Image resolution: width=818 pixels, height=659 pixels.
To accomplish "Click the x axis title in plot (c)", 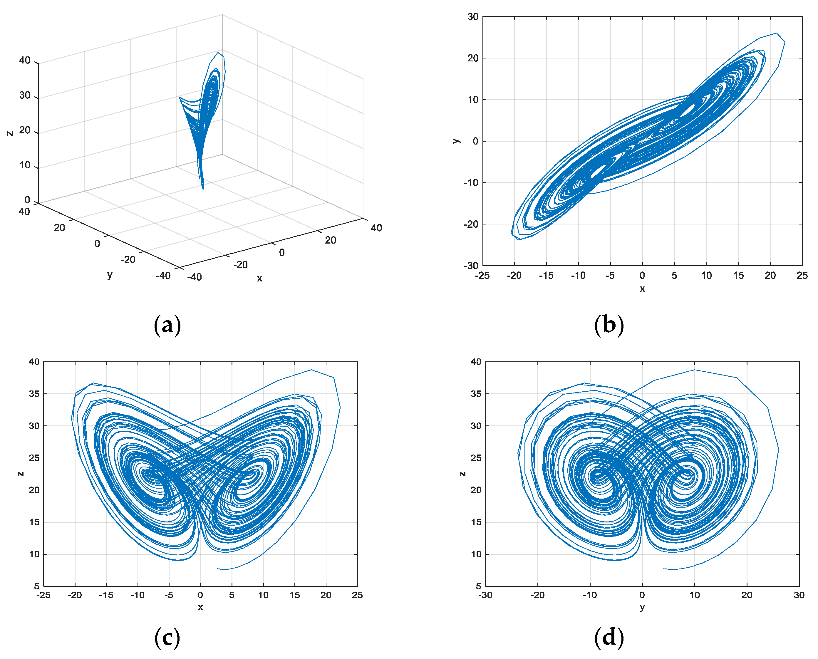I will click(200, 607).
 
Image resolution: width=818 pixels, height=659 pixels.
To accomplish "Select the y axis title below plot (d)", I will click(642, 607).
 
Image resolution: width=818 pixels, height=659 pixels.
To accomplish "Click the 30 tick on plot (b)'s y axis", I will click(473, 17).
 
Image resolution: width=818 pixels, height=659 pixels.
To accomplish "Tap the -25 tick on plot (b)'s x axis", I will click(482, 276).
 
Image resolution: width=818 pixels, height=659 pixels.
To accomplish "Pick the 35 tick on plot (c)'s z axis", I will click(34, 394).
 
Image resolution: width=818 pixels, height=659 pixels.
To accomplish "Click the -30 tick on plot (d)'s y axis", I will click(485, 595).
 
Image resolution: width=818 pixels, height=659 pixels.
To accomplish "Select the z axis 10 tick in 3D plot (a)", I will click(25, 165).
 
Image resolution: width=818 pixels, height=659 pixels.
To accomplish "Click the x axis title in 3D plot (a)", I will click(260, 278).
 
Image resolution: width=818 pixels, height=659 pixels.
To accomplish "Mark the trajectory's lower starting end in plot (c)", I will click(217, 569).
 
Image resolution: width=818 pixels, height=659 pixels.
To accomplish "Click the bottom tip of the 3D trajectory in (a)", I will click(203, 188).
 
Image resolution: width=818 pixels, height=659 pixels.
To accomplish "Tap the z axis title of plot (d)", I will click(462, 474).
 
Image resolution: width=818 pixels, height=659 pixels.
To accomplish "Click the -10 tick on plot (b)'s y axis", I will click(471, 182).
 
